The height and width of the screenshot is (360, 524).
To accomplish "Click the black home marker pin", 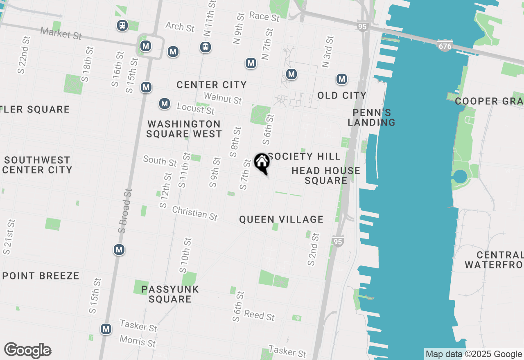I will tap(262, 163).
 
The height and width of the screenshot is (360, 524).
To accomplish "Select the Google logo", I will tap(27, 350).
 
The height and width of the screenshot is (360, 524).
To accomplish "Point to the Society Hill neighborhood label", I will tap(304, 156).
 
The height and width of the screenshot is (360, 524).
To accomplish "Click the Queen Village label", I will tap(281, 220).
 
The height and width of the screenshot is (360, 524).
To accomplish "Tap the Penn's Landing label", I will tap(372, 117).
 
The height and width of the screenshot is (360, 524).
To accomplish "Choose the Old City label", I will tap(342, 95).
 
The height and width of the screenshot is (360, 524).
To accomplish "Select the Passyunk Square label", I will tap(170, 294).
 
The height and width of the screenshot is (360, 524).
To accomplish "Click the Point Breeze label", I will tap(41, 276).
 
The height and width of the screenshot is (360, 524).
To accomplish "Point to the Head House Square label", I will tap(326, 175).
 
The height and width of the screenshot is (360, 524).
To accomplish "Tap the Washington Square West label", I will tap(184, 129).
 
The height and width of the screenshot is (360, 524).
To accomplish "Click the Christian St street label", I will tap(195, 213).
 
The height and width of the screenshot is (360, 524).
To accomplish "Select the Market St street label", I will tap(61, 33).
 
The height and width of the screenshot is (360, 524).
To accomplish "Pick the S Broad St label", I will tap(125, 211).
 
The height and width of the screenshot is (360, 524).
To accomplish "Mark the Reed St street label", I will tap(260, 316).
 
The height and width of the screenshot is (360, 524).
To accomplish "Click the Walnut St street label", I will tap(223, 98).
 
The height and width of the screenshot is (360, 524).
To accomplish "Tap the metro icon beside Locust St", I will tap(165, 103).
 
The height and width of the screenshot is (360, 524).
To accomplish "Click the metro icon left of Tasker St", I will tap(106, 329).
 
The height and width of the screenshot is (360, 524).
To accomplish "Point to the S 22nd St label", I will tap(24, 55).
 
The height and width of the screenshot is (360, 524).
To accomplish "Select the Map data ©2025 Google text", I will tap(474, 354).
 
